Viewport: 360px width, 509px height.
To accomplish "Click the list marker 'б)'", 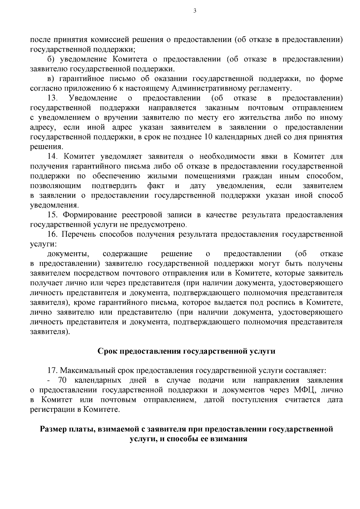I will (52, 59).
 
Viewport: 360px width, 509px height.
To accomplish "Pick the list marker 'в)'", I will (52, 79).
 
